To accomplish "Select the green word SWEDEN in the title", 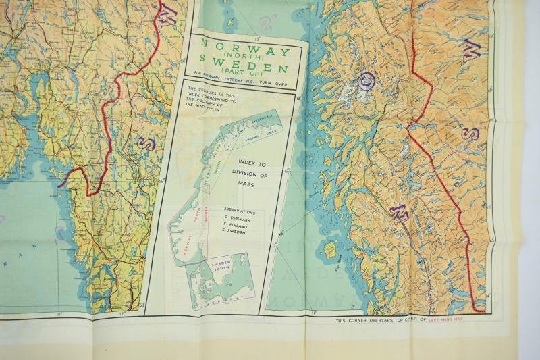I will (x=242, y=69).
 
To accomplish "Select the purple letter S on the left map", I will (x=144, y=143).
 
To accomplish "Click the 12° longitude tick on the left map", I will (x=121, y=313).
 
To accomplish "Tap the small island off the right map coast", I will (x=331, y=251).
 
